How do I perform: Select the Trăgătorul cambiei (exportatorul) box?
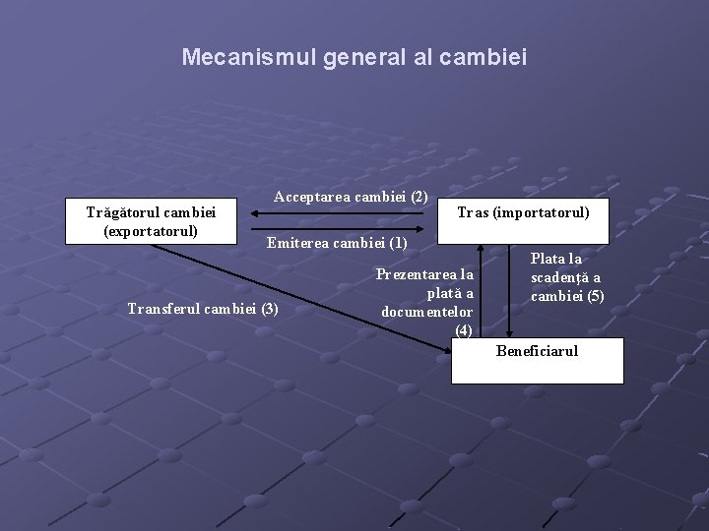(x=151, y=221)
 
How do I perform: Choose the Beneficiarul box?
(x=537, y=360)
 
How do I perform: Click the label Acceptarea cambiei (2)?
(x=351, y=197)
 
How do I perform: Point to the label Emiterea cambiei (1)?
(x=337, y=242)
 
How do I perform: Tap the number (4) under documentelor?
(x=463, y=329)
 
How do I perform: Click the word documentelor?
(x=426, y=312)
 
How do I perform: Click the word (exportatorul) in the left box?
(x=151, y=231)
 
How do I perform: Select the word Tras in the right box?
(x=473, y=212)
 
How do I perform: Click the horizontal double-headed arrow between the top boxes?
(x=350, y=210)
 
